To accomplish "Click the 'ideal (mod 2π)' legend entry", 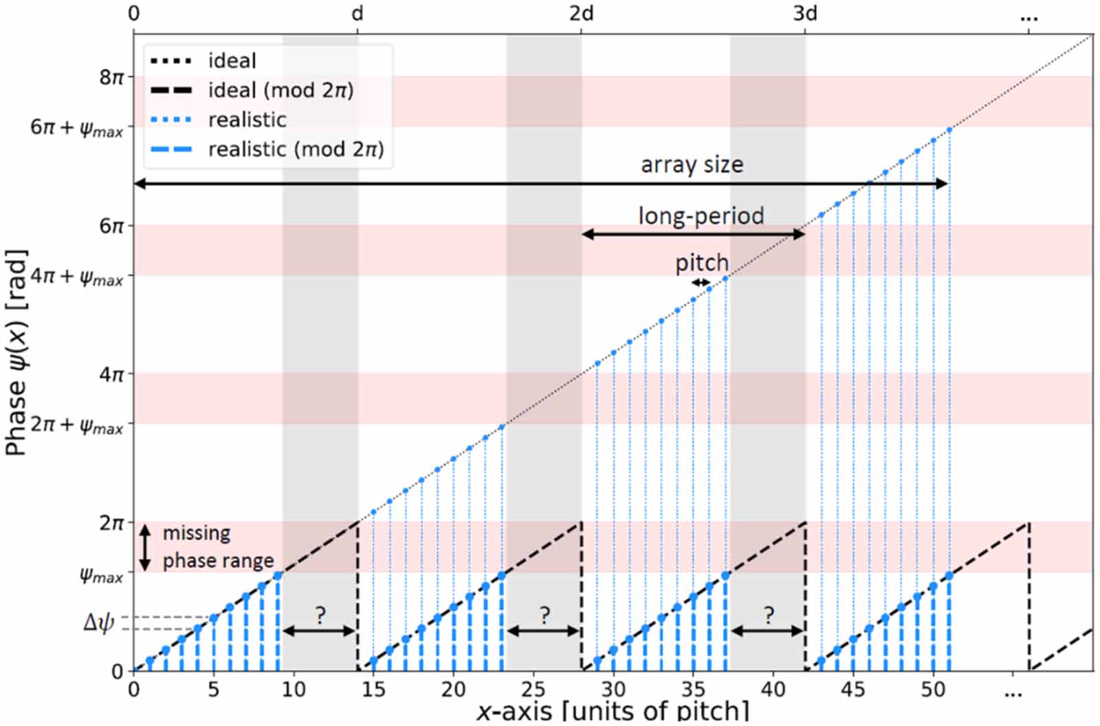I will click(x=280, y=90).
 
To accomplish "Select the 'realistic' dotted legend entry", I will click(x=247, y=120).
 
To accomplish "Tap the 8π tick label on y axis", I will click(x=111, y=76).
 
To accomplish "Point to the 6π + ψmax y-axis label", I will click(x=76, y=129).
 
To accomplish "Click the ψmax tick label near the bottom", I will click(x=102, y=575).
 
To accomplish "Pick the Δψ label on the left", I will click(x=98, y=623).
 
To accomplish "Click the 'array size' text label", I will click(x=692, y=165).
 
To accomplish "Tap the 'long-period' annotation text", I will click(x=701, y=216).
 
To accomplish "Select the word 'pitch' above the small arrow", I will click(x=701, y=263).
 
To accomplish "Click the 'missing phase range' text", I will click(x=217, y=547).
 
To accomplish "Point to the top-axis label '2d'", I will click(x=581, y=13).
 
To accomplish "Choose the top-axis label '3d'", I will click(x=805, y=13).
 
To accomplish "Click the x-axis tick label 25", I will click(x=533, y=689).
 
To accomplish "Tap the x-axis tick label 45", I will click(x=852, y=689).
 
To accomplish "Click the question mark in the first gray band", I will click(x=320, y=615).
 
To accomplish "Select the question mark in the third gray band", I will click(x=768, y=615).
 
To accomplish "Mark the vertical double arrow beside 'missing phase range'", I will click(x=145, y=548).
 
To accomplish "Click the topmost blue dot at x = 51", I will click(x=949, y=129).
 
